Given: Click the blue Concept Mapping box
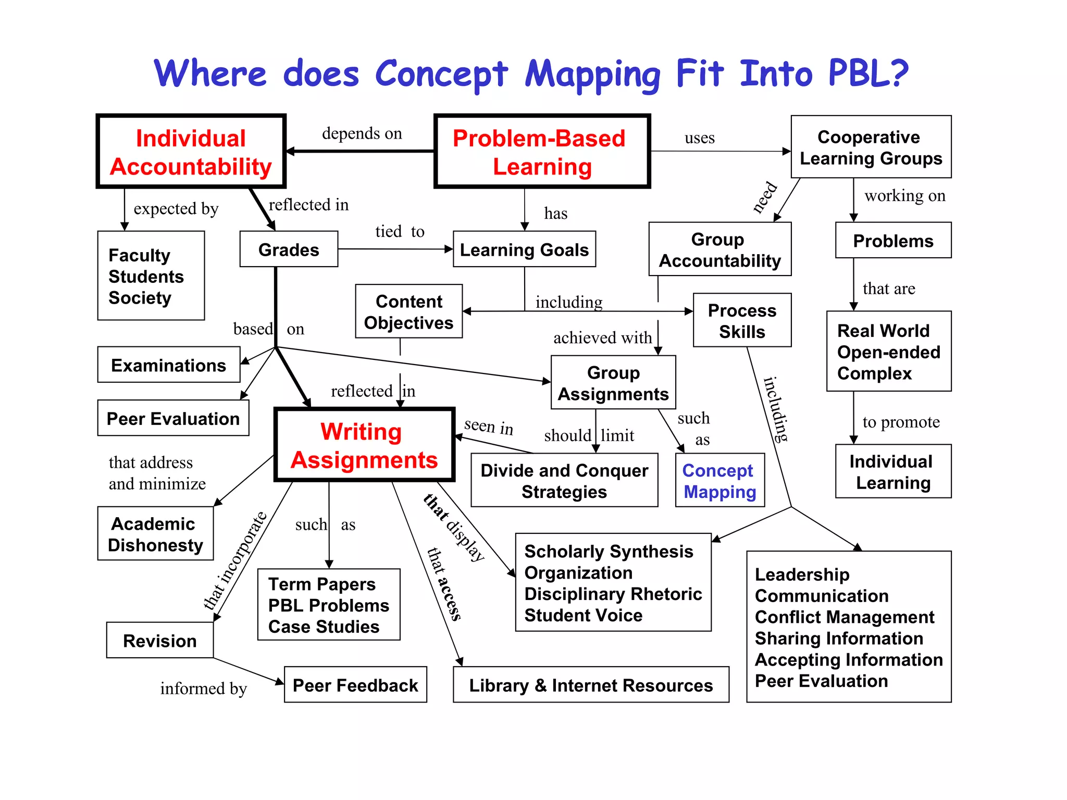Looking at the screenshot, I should click(x=719, y=480).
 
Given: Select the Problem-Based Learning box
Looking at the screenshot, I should click(x=542, y=152).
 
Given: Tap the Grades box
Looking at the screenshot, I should click(x=289, y=249).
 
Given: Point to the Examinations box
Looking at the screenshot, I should click(x=168, y=365).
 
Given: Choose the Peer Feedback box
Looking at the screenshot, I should click(x=355, y=685).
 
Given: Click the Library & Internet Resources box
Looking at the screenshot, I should click(x=591, y=685).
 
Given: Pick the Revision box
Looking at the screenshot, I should click(x=159, y=640).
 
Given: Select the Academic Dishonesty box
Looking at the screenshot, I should click(x=155, y=534).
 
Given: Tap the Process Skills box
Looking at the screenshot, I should click(x=742, y=320).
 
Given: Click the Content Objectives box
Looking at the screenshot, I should click(x=408, y=311).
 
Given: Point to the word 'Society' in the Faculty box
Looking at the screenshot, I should click(x=140, y=298).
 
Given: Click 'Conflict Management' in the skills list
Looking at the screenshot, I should click(x=845, y=617).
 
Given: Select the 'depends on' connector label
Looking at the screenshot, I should click(x=362, y=133).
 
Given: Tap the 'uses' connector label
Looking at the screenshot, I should click(x=699, y=138).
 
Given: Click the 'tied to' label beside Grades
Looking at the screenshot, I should click(x=400, y=231).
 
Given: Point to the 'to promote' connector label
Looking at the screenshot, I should click(x=901, y=422).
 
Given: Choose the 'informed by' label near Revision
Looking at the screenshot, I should click(x=203, y=689).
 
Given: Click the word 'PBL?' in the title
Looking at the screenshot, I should click(x=868, y=73).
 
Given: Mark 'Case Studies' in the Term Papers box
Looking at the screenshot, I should click(x=324, y=627).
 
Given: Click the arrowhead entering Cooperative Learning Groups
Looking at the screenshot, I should click(x=787, y=152).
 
